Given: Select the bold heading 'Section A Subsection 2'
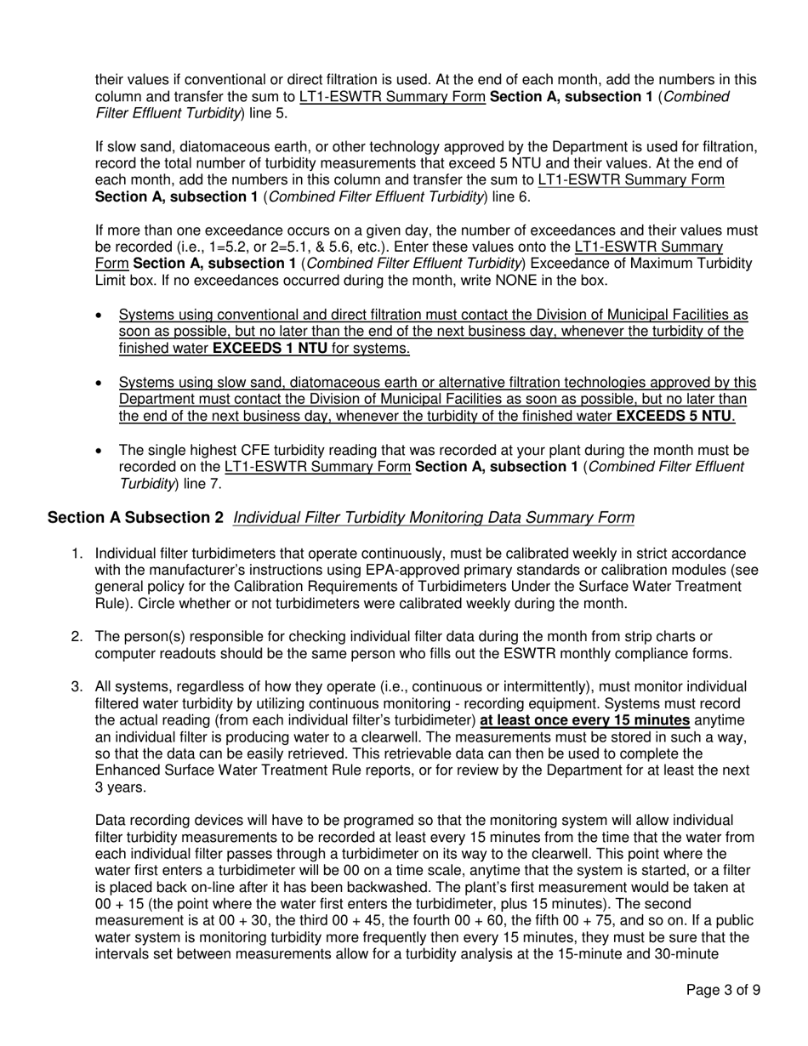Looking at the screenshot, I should pos(136,518).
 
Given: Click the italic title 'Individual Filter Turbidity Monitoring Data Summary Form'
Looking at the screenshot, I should pos(434,518).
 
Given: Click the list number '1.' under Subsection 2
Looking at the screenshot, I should pos(77,554).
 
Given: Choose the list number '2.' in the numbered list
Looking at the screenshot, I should pos(77,637).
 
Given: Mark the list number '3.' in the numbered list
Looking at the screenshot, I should pos(77,687).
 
